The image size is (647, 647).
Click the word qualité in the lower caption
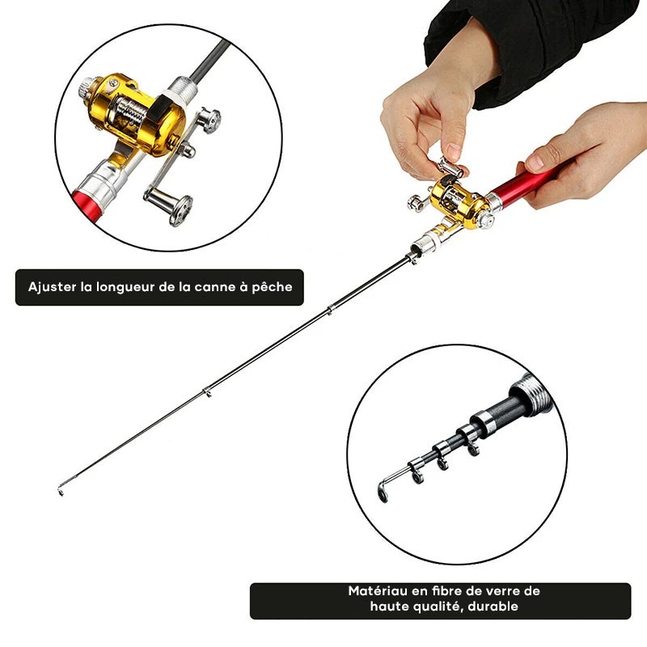pyautogui.click(x=437, y=607)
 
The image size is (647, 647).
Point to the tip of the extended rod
pyautogui.click(x=60, y=492)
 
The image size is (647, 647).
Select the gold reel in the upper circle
pyautogui.click(x=136, y=116)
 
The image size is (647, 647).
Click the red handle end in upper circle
pyautogui.click(x=87, y=205)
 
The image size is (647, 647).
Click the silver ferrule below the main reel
pyautogui.click(x=426, y=245)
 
